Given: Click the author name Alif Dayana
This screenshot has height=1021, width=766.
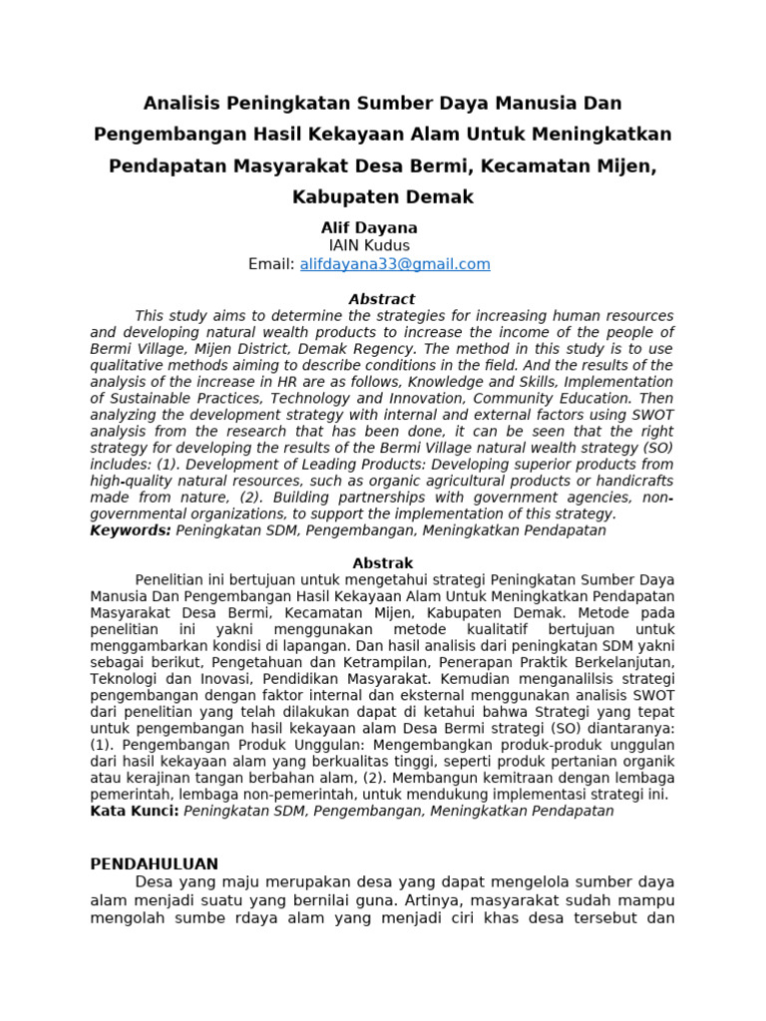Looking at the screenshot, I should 369,227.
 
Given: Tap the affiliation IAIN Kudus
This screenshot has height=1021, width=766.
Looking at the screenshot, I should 369,245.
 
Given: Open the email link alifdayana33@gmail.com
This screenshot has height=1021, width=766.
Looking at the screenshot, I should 395,264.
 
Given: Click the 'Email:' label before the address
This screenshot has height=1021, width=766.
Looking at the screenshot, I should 271,264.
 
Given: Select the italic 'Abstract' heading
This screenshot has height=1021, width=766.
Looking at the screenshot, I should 382,299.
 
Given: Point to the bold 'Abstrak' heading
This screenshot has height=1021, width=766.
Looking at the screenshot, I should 383,563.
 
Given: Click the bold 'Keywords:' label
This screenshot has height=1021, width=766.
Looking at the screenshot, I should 131,530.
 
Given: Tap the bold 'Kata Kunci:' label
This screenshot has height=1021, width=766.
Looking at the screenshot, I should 135,812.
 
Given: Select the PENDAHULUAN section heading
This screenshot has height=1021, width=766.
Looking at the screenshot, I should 155,863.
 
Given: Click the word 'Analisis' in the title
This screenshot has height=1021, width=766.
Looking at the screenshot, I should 184,103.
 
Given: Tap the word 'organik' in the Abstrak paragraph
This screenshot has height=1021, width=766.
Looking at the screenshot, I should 646,762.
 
